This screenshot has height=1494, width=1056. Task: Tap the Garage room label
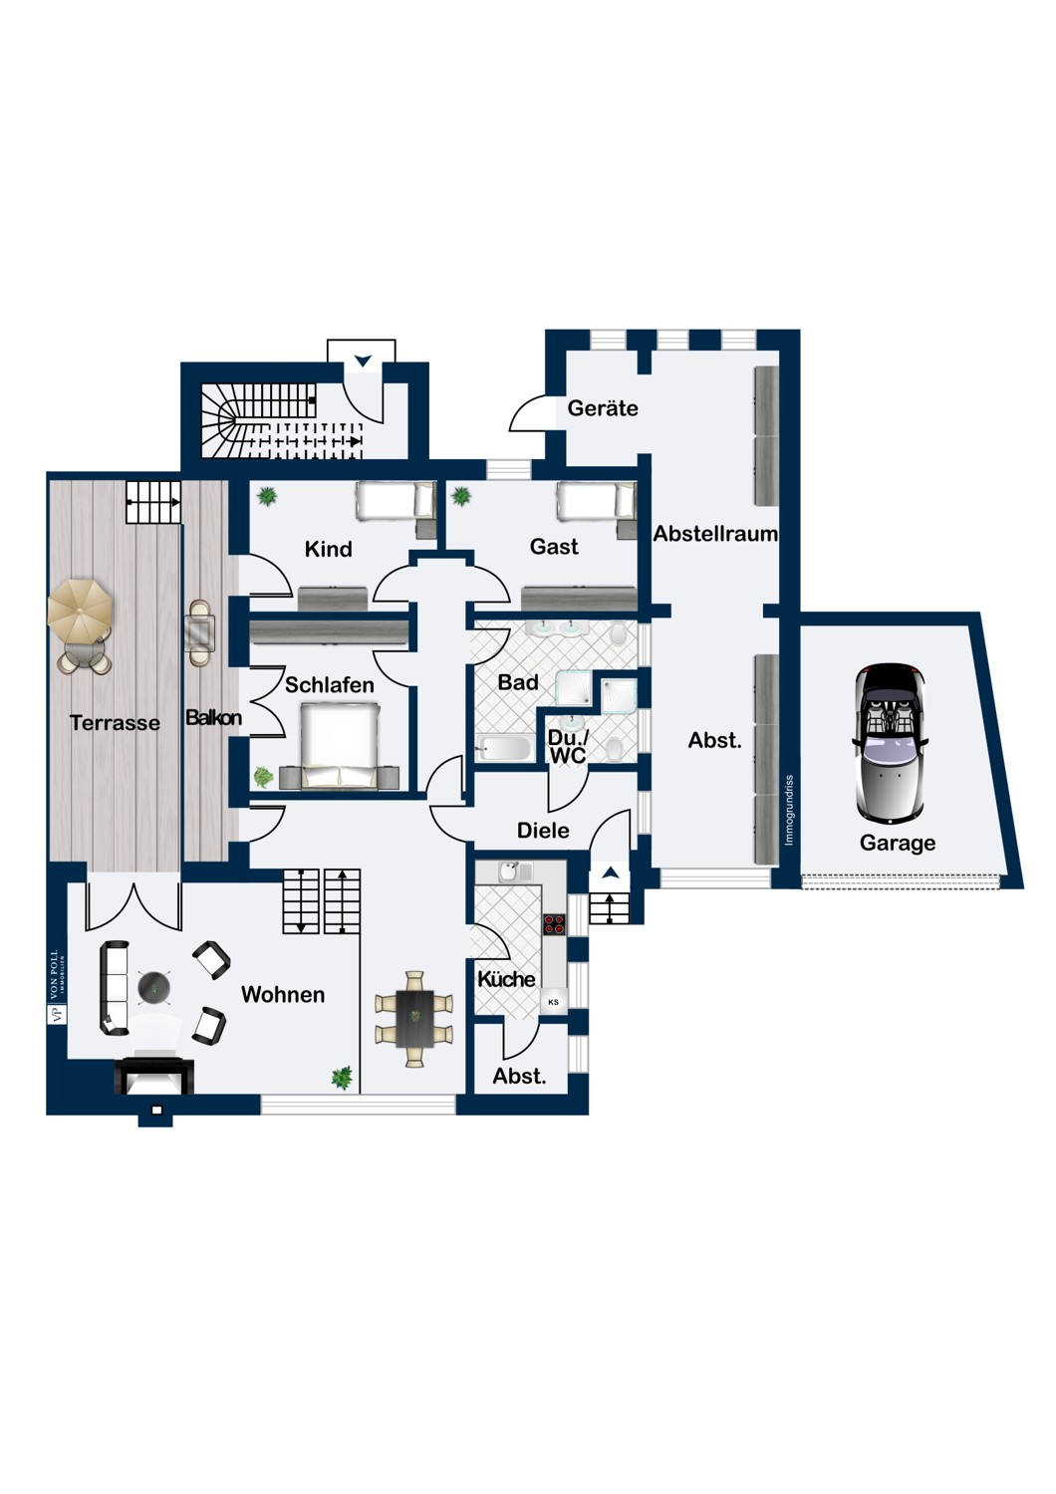[x=898, y=843]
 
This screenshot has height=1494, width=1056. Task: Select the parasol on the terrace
[x=80, y=609]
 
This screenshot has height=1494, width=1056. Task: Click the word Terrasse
[x=115, y=723]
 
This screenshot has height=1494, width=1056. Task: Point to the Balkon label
[x=213, y=718]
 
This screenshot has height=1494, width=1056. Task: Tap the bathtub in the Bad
[x=505, y=748]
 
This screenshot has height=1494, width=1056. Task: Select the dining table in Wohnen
[x=414, y=1018]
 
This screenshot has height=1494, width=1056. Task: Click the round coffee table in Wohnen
[x=154, y=987]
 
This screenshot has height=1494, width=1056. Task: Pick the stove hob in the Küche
[x=554, y=923]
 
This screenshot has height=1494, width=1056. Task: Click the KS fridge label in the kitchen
[x=553, y=1002]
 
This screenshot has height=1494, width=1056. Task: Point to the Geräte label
[x=603, y=408]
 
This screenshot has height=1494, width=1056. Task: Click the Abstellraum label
[x=715, y=534]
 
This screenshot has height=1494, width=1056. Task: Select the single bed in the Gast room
[x=595, y=501]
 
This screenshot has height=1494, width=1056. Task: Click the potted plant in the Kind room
[x=268, y=496]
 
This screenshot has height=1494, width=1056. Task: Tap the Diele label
[x=543, y=831]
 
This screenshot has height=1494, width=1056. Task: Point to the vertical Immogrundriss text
[x=789, y=811]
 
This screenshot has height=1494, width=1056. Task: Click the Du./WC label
[x=568, y=746]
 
